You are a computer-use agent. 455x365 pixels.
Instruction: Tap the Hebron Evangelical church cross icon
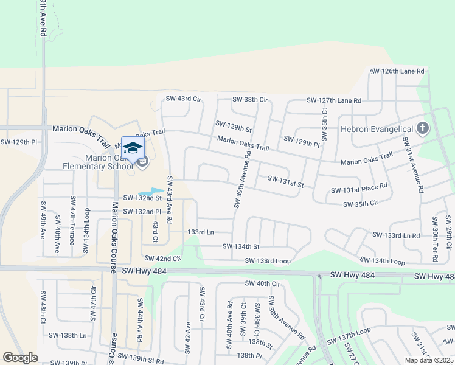click(x=423, y=128)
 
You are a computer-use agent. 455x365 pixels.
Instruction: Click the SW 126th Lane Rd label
click(x=397, y=71)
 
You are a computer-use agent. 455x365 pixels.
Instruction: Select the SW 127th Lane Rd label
click(x=333, y=100)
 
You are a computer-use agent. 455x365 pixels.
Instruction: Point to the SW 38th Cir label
click(x=250, y=99)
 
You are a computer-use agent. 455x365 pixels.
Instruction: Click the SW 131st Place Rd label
click(x=359, y=190)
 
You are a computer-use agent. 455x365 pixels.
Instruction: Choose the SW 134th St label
click(x=241, y=246)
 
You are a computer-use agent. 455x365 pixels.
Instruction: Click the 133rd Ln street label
click(x=201, y=232)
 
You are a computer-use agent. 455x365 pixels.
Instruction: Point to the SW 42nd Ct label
click(x=161, y=259)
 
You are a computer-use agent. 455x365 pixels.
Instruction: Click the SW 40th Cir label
click(x=262, y=283)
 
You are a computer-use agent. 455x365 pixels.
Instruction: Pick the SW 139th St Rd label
click(x=141, y=358)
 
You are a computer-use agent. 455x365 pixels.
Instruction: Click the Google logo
click(x=20, y=358)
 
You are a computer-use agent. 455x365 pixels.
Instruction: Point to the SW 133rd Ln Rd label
click(x=396, y=235)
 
